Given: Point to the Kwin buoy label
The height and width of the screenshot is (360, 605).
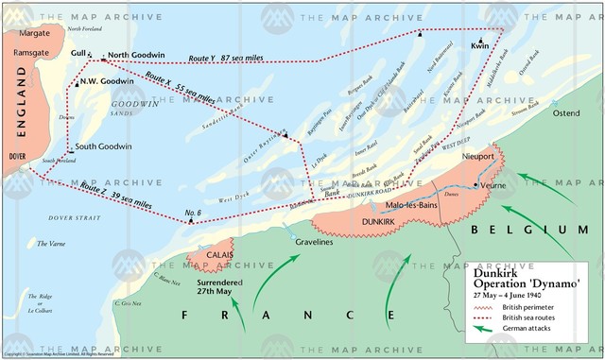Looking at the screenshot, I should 480,45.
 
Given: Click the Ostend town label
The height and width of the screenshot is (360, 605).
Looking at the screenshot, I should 564,113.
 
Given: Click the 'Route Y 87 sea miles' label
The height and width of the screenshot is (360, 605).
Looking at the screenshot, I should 228,58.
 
